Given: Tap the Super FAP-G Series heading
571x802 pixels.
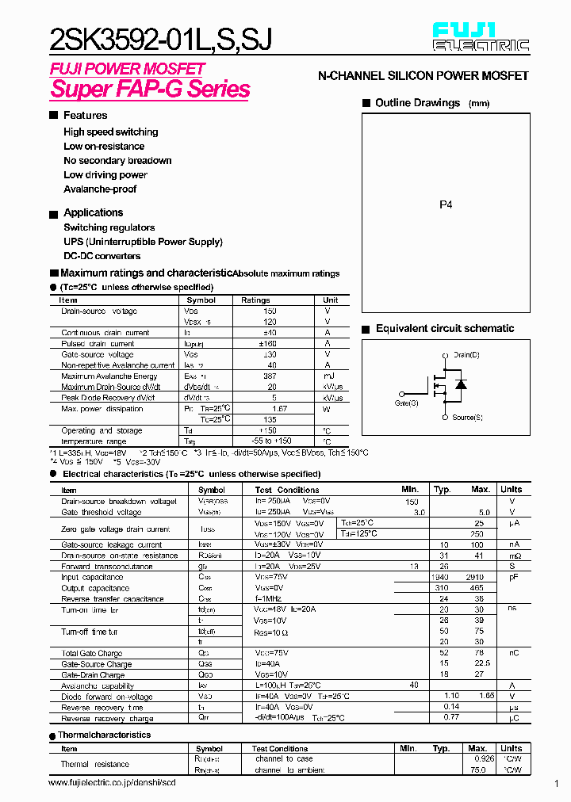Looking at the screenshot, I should point(150,89).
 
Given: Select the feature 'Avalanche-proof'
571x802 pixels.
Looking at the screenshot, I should point(100,189).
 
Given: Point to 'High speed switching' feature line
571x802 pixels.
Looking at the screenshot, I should point(110,132).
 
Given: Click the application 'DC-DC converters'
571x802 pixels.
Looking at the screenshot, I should point(102,256).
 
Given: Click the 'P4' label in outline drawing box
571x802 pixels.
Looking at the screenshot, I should point(446,204).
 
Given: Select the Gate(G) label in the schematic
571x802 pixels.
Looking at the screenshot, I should point(406,403).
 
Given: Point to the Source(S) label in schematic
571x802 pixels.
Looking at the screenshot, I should point(467,417).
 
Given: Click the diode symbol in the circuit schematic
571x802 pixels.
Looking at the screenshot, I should point(460,384).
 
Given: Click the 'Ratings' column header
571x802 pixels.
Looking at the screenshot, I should point(255,300).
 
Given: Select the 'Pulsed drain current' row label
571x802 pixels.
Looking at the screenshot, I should point(98,344).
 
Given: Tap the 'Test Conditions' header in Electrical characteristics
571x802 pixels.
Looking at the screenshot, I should point(287,490).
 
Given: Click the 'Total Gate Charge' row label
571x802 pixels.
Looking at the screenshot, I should point(92,654).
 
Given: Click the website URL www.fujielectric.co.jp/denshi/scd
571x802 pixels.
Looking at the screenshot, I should point(112,782).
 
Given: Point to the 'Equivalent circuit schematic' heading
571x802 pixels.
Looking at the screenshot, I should point(445,329).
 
